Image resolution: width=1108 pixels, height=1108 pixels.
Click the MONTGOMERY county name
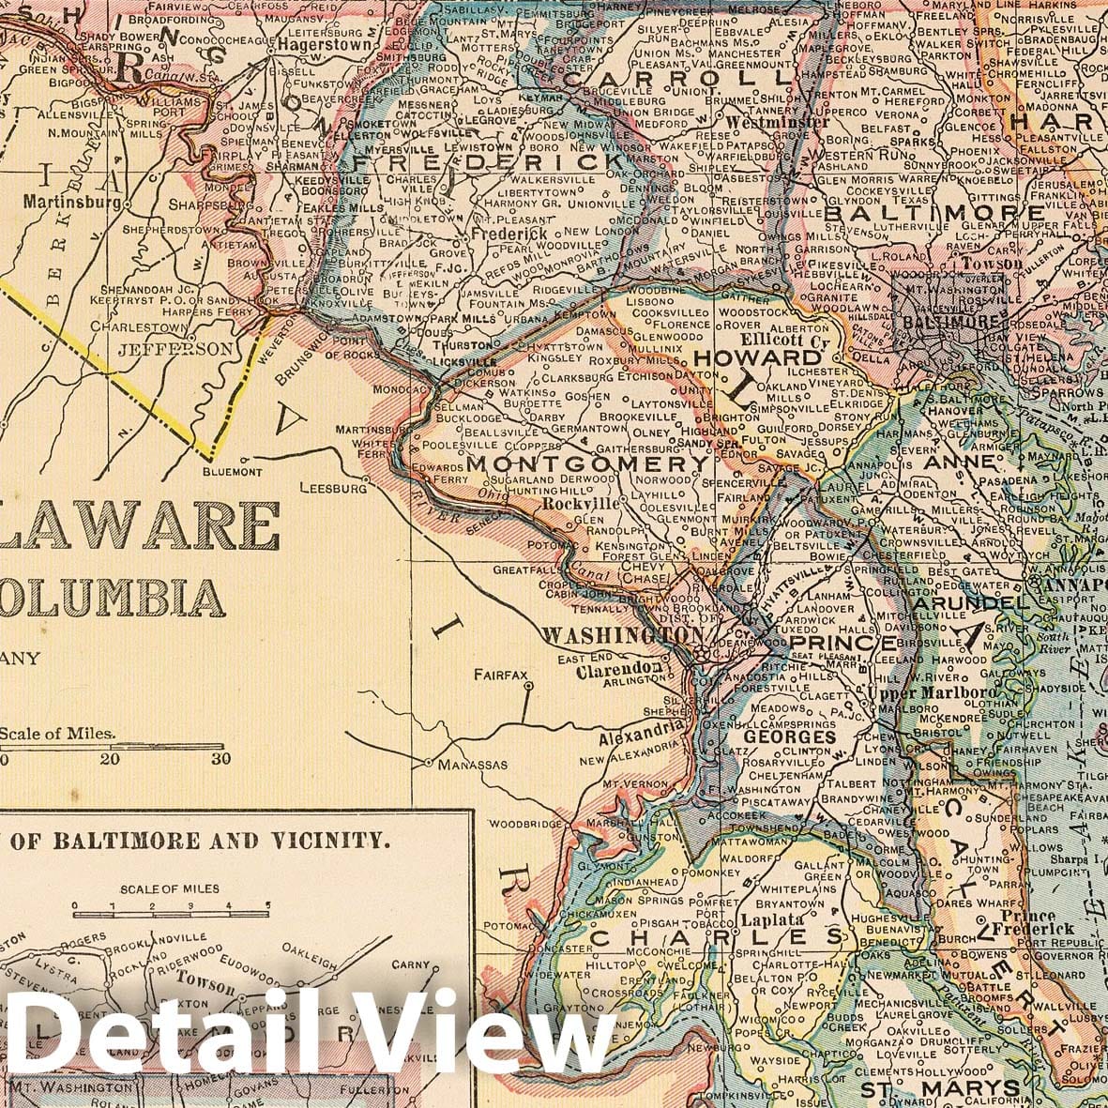(x=587, y=464)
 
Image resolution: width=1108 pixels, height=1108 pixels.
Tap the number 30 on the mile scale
(x=220, y=759)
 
